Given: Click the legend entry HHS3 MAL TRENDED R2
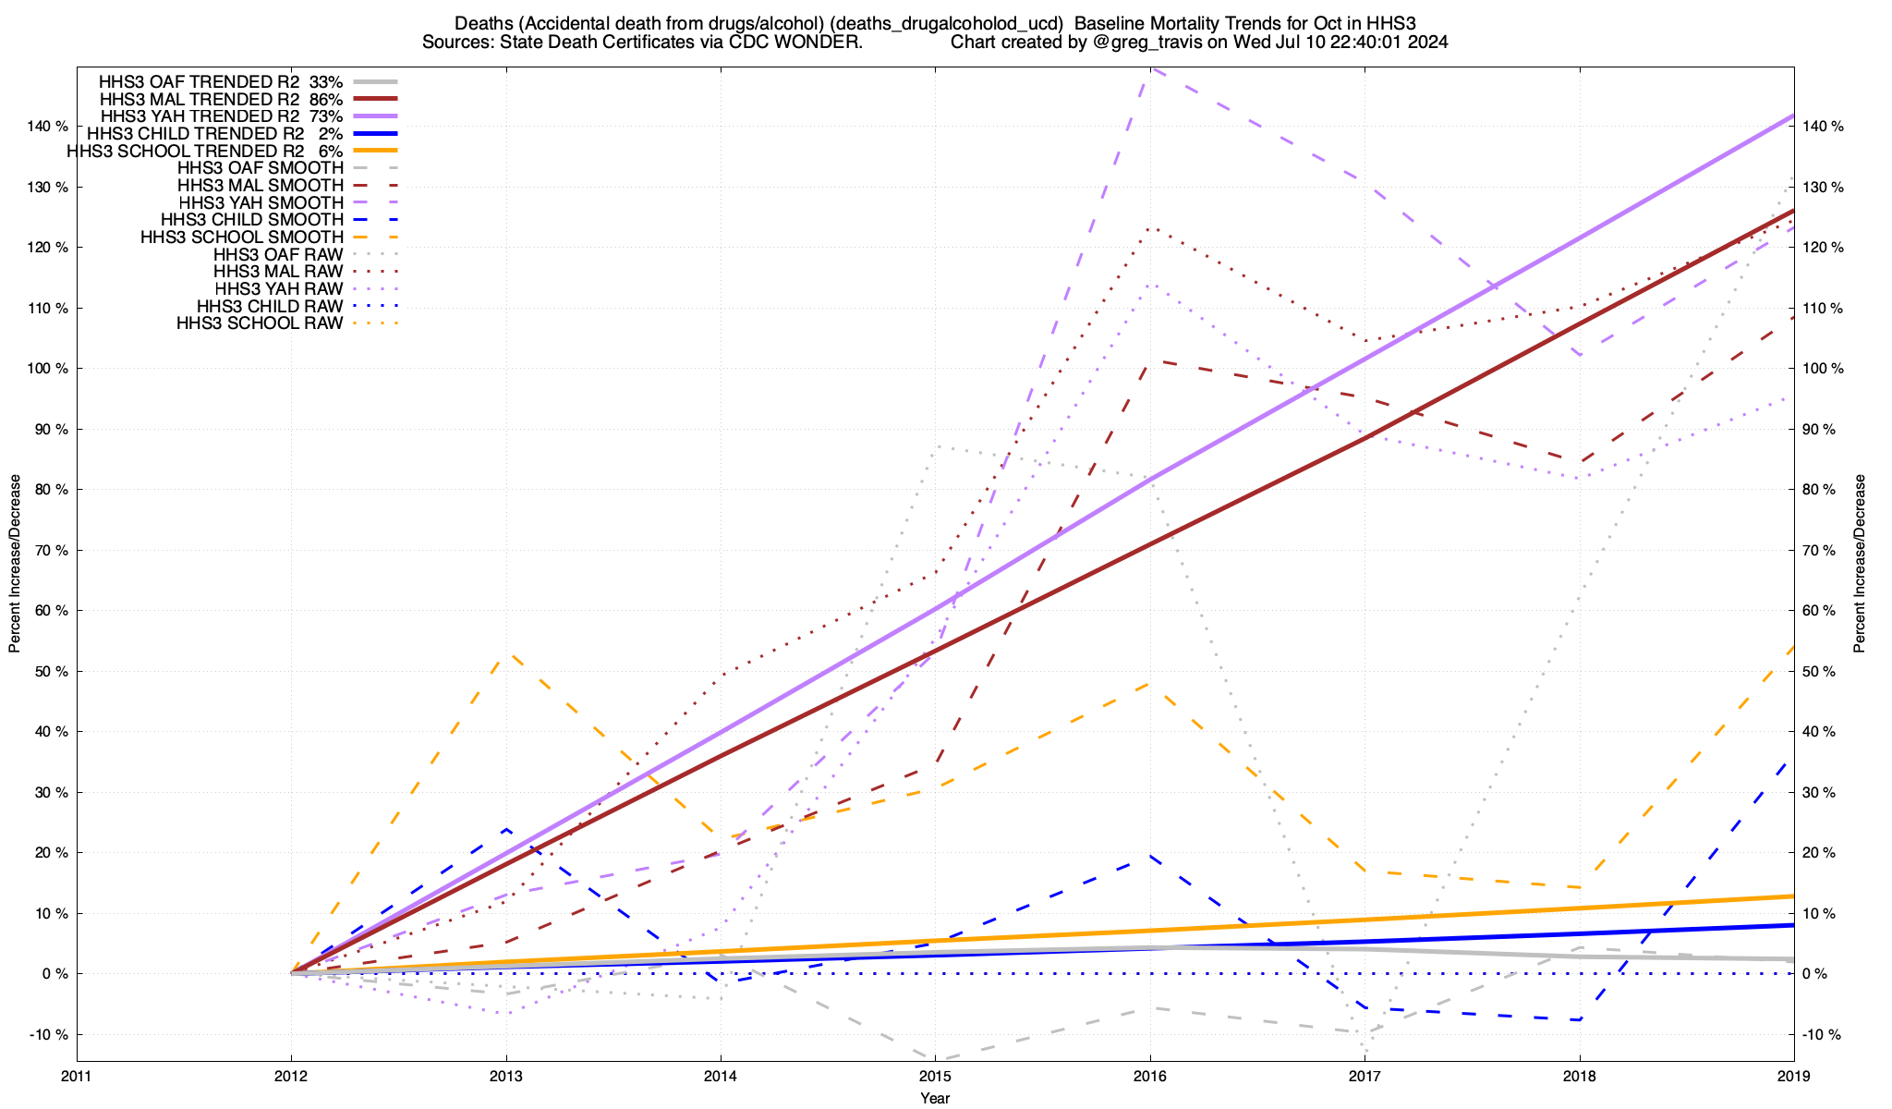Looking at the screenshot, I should (200, 99).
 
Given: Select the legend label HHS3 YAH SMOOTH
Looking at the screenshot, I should (261, 202).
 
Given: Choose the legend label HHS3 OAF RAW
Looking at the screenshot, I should (277, 254).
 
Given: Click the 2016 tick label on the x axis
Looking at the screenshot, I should (1150, 1076).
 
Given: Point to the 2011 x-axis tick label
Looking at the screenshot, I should (77, 1076).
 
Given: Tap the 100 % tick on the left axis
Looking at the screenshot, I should (49, 369).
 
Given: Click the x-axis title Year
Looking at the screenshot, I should (935, 1098).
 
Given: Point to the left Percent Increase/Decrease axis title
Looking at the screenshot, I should (15, 564).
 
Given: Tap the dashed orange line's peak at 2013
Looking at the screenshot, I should (506, 654).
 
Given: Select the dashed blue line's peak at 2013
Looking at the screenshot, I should (506, 829).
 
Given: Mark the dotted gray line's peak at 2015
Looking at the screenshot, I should (937, 445).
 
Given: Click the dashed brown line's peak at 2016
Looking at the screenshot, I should (1150, 361).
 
